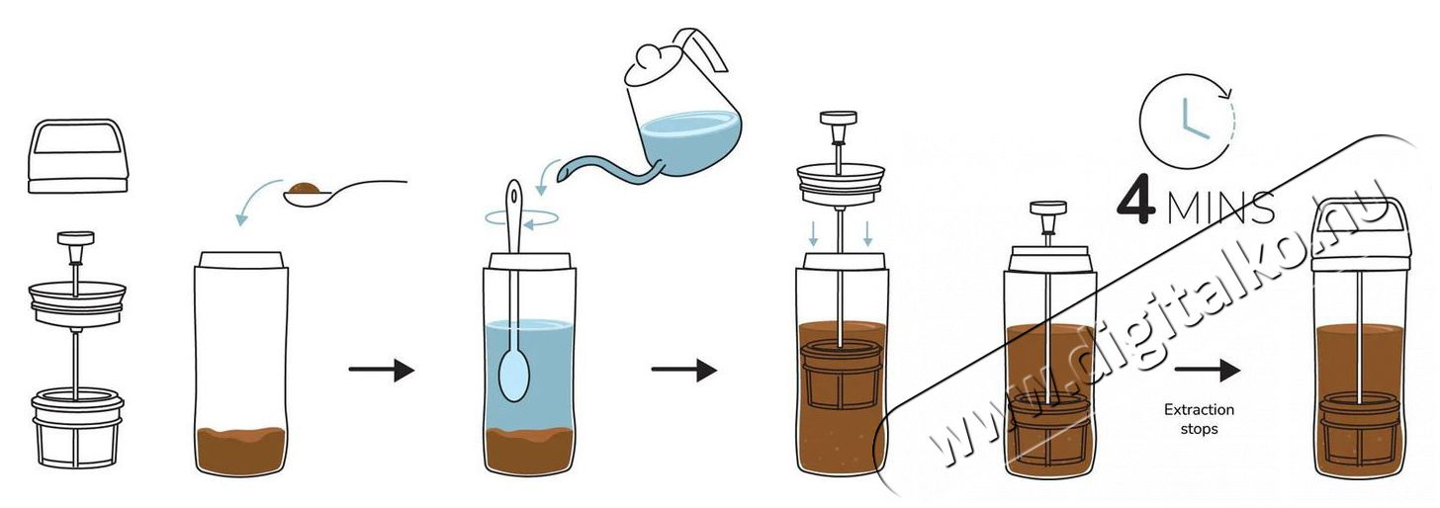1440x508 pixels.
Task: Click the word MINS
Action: coord(1220,207)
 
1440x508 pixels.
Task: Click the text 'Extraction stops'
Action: coord(1199,419)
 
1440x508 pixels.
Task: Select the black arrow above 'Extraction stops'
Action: coord(1207,370)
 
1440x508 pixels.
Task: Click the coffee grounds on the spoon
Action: coord(304,188)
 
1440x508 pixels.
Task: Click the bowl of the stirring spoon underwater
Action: coord(514,375)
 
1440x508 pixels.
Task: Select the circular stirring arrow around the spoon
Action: coord(521,218)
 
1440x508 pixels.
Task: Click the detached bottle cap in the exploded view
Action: coord(78,156)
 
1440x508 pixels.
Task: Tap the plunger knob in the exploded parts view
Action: coord(76,238)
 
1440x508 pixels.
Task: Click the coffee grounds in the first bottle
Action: coord(241,451)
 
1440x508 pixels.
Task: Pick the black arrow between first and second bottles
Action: coord(381,370)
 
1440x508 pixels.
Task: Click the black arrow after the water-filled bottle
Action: coord(684,370)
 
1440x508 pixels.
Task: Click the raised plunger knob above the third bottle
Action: coord(839,119)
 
